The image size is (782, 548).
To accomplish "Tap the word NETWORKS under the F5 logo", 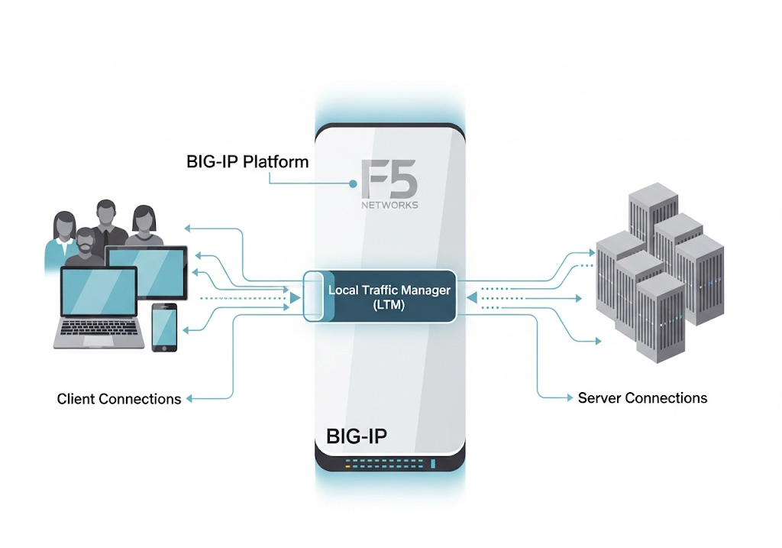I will point(389,206).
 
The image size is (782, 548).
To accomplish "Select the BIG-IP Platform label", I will point(247,162).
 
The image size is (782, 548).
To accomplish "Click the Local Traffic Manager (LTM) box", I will point(389,297).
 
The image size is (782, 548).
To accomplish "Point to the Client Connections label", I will point(119,399).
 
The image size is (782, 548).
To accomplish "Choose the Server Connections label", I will point(642,398).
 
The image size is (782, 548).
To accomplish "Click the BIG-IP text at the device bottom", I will point(357,436).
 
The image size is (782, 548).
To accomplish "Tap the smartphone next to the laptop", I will point(164,327).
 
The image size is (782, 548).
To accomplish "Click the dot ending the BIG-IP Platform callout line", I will point(354,184).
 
